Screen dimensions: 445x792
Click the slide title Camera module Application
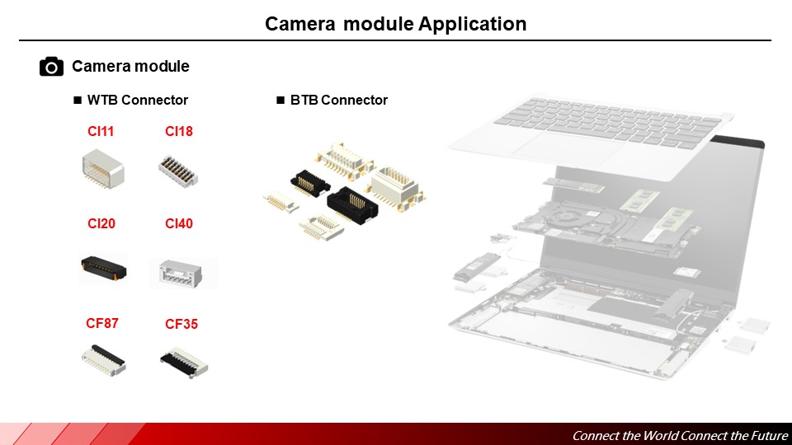point(395,24)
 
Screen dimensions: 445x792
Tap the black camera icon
point(51,67)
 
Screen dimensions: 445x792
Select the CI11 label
point(101,131)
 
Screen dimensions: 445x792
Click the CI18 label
point(178,131)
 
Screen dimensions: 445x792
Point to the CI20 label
point(101,223)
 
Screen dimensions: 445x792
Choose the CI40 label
point(178,223)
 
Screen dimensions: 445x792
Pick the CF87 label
point(102,323)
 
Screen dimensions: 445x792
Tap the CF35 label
point(181,324)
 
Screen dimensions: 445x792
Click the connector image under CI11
point(103,169)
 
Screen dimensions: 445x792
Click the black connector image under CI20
point(104,267)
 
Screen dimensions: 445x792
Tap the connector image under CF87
point(103,360)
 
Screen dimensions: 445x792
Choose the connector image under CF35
point(183,359)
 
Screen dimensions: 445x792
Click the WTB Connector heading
point(138,101)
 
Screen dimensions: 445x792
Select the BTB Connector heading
point(338,101)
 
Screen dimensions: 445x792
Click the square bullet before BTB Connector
point(280,101)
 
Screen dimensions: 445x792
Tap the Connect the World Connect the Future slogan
point(680,436)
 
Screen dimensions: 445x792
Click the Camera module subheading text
point(130,67)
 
